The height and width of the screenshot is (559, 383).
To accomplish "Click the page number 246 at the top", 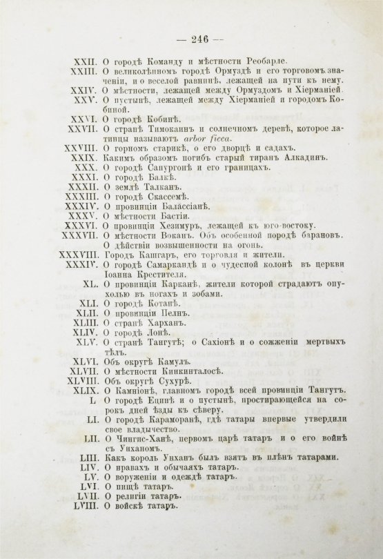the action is click(193, 39).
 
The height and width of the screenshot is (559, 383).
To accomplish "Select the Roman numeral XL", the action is click(90, 284).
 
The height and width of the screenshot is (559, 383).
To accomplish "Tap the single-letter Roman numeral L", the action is click(94, 400).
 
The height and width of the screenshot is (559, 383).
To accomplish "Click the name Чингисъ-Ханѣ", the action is click(143, 439).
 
